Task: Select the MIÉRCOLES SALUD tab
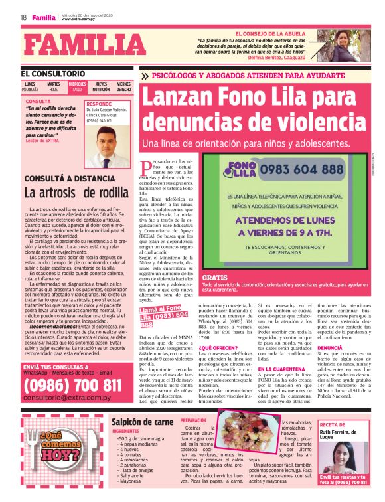click(x=77, y=86)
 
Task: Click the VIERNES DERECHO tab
click(x=123, y=86)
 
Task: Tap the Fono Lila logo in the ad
click(x=239, y=169)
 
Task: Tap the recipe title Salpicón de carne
click(x=143, y=421)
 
